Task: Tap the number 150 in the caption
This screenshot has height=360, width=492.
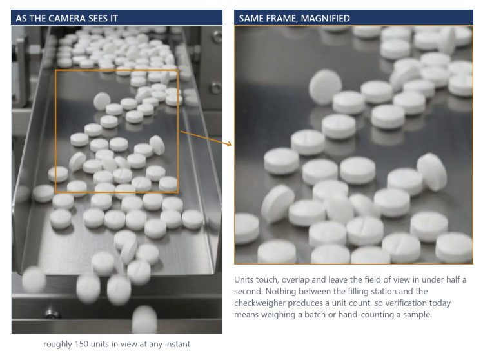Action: pos(82,344)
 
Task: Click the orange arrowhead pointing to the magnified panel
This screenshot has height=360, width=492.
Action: pos(230,144)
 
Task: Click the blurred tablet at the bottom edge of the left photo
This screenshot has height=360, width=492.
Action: pos(144,319)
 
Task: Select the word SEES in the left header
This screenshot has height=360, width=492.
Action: pos(97,19)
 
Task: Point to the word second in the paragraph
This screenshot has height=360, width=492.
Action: pos(248,291)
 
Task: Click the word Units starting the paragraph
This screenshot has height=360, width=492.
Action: pos(244,279)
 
